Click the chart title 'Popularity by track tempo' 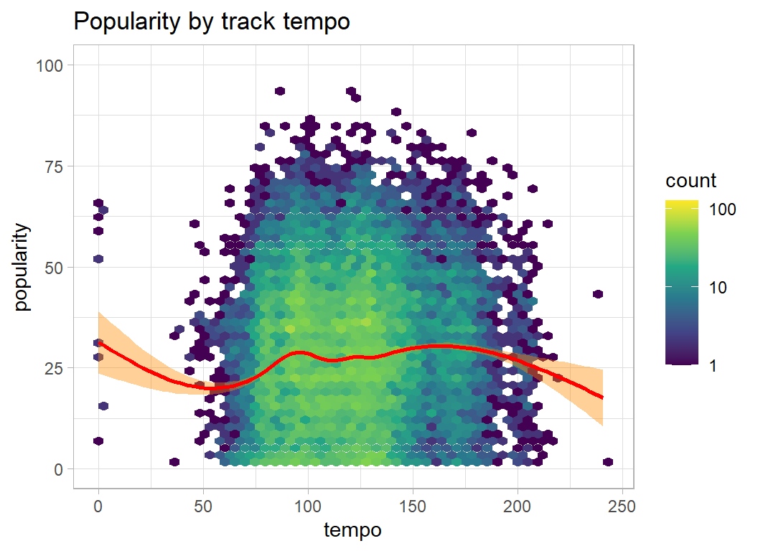pos(212,22)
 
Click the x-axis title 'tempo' pos(352,530)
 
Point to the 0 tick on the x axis pos(98,506)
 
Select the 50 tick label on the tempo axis pos(203,506)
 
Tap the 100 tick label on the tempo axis pos(308,506)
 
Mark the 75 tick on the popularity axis pos(55,166)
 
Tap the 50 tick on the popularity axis pos(55,267)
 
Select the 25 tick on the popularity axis pos(55,368)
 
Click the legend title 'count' pos(691,180)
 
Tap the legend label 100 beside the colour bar pos(722,209)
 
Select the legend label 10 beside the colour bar pos(718,288)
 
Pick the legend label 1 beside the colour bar pos(713,365)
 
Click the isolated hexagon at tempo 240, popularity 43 pos(598,294)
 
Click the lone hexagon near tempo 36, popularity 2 pos(174,461)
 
